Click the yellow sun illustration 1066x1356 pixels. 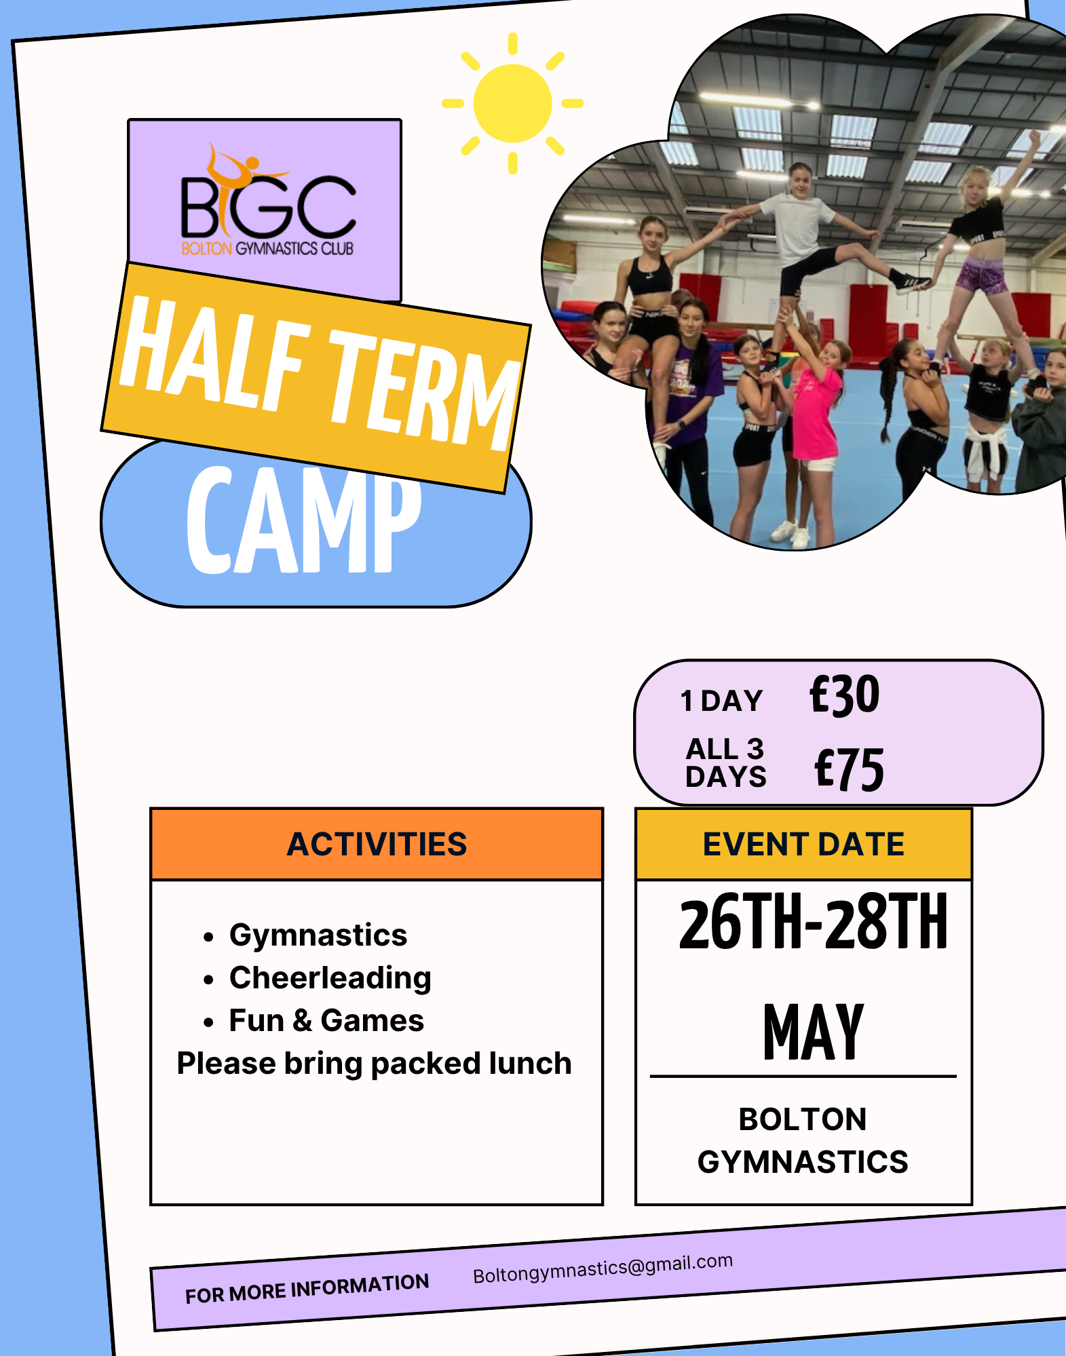pos(512,103)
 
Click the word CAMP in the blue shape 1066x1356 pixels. pos(303,520)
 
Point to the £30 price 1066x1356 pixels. pos(845,695)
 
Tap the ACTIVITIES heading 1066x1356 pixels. pos(377,845)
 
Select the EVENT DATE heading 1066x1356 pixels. pos(803,845)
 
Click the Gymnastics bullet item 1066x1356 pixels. pos(318,935)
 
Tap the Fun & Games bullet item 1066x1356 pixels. pos(326,1020)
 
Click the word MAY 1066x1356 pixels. pos(813,1031)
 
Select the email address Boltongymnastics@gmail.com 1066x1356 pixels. pos(603,1268)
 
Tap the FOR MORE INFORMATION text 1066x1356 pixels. pos(307,1288)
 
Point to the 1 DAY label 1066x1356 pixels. pos(722,701)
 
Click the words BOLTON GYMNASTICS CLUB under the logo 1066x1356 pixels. pos(267,248)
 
